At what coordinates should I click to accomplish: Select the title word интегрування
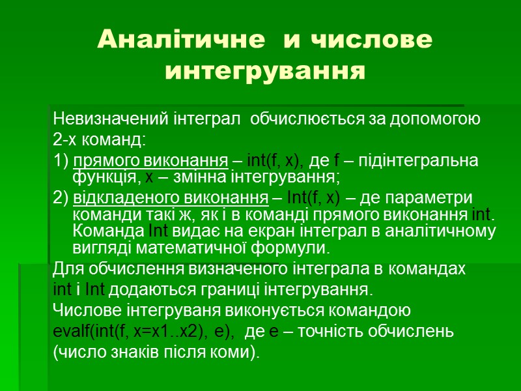pyautogui.click(x=264, y=70)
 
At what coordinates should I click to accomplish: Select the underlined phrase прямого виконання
pyautogui.click(x=150, y=161)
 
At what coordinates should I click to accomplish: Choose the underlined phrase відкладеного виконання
pyautogui.click(x=171, y=198)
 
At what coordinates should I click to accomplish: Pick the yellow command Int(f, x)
pyautogui.click(x=313, y=198)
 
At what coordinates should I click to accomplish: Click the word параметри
pyautogui.click(x=439, y=198)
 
